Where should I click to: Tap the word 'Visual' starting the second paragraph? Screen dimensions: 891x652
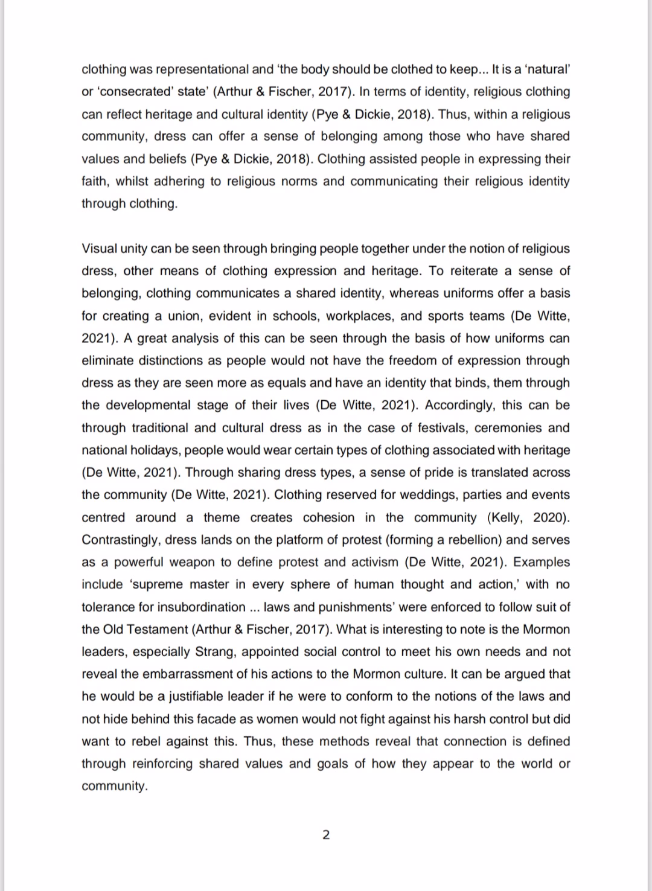click(100, 249)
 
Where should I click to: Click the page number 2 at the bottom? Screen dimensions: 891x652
click(326, 835)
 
